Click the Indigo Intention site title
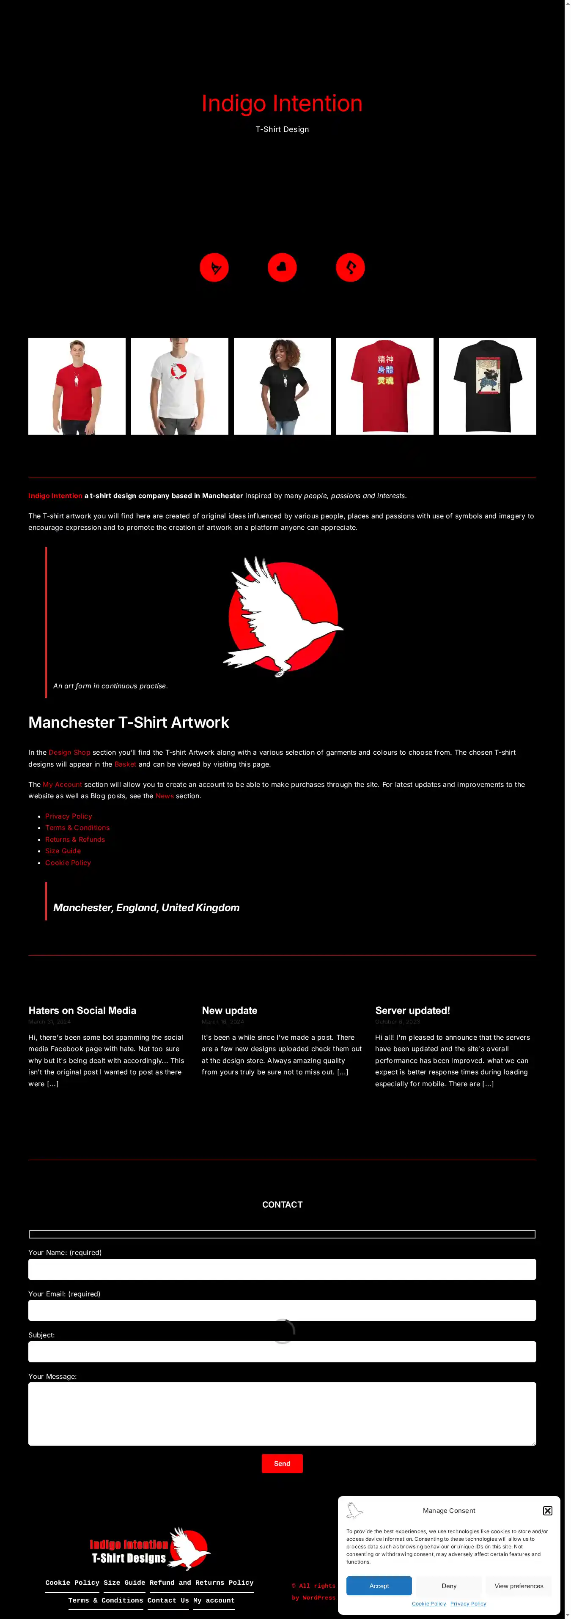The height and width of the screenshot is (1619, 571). tap(282, 104)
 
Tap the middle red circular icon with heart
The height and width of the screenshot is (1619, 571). tap(282, 267)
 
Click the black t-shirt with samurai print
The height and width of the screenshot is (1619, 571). tap(487, 386)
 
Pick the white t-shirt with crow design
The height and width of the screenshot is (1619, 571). tap(179, 386)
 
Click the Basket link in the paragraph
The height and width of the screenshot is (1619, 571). tap(125, 764)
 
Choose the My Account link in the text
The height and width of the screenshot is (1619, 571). tap(62, 784)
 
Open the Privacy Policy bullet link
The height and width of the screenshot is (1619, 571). tap(69, 816)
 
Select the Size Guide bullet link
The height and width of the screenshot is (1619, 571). tap(63, 851)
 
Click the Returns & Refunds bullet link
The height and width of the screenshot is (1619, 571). tap(75, 840)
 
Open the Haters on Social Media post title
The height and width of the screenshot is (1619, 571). tap(82, 1011)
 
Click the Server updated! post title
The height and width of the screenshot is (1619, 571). tap(412, 1011)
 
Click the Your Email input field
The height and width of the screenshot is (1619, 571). tap(282, 1310)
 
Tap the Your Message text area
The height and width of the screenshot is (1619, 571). tap(282, 1414)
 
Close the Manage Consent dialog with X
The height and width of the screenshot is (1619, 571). tap(548, 1510)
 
